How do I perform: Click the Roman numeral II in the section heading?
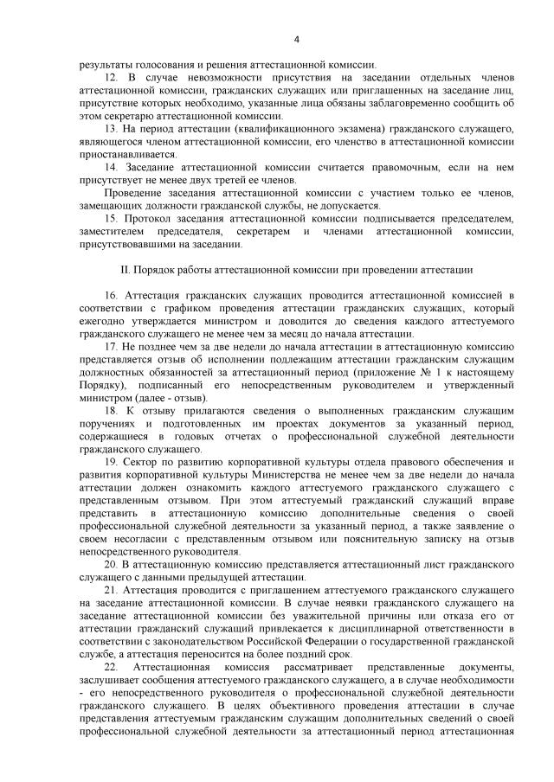point(123,270)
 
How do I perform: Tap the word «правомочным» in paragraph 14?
point(406,166)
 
